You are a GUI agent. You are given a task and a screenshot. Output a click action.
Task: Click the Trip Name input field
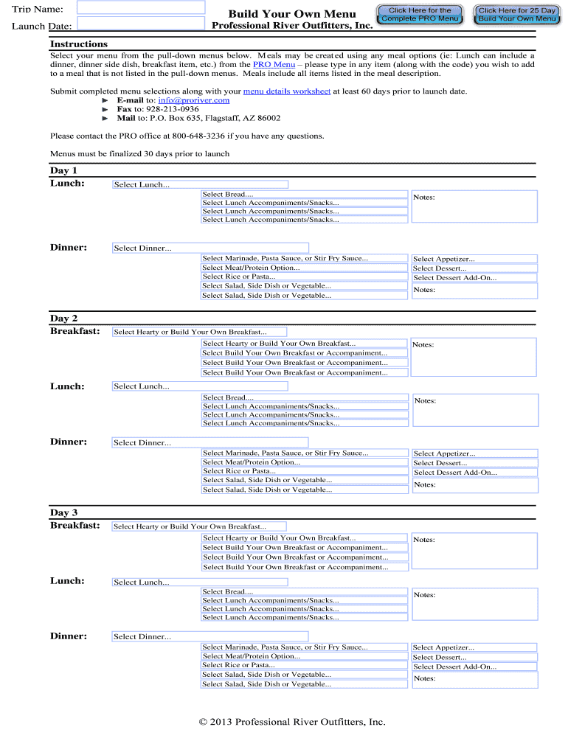coord(141,7)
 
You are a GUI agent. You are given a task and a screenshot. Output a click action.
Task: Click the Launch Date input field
coord(141,23)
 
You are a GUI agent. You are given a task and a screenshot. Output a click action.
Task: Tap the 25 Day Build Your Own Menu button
coord(517,15)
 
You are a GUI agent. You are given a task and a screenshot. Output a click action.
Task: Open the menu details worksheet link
coord(286,91)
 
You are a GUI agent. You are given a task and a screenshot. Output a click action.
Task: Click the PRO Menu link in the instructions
coord(274,65)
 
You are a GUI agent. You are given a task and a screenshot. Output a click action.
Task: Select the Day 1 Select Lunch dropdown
coord(199,185)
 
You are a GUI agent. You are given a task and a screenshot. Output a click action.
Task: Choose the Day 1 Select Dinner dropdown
coord(210,248)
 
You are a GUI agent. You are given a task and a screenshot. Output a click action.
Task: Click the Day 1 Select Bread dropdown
coord(304,195)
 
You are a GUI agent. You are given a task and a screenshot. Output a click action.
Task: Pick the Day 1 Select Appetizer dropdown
coord(474,260)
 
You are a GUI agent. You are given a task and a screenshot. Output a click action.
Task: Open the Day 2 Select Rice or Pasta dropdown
coord(304,471)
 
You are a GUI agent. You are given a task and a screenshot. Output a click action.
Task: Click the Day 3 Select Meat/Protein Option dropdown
coord(304,656)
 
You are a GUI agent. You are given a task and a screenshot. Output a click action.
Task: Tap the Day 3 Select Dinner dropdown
coord(210,636)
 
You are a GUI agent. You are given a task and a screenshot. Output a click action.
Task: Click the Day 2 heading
coord(63,319)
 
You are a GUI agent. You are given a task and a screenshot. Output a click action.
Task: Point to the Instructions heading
coord(78,44)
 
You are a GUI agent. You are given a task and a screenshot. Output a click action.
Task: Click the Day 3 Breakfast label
coord(75,526)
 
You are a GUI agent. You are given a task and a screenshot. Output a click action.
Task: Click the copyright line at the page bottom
coord(292,723)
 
